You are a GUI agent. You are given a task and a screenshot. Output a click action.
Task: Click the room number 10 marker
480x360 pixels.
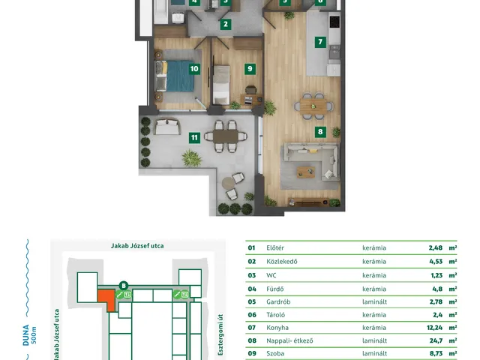[194, 68]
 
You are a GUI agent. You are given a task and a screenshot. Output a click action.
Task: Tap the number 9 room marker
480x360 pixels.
[250, 68]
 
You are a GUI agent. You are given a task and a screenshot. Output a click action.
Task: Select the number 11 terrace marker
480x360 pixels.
[194, 138]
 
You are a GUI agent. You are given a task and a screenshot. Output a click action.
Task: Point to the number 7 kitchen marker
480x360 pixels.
[320, 42]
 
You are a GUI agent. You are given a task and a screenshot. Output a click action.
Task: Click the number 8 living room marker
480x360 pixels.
[320, 132]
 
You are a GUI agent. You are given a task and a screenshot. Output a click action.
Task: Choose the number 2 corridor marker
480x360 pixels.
[226, 24]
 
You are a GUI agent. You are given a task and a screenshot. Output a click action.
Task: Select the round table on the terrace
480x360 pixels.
[228, 183]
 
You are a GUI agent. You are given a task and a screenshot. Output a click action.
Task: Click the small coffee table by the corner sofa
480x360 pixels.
[305, 172]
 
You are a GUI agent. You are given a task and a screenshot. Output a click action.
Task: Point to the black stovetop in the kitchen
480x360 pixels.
[334, 21]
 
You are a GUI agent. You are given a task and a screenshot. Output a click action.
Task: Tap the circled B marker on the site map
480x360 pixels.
[124, 286]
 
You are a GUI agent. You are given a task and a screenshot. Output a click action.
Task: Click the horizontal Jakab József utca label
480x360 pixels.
[137, 246]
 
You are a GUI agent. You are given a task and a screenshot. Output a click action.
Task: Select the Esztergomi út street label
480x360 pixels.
[220, 334]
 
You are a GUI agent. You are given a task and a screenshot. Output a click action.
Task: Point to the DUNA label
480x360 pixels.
[26, 335]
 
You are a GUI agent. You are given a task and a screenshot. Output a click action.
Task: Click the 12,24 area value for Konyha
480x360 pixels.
[435, 328]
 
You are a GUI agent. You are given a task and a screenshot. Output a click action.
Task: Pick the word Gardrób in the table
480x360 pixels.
[278, 301]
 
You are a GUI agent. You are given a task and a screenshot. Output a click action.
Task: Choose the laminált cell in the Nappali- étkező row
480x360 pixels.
[374, 340]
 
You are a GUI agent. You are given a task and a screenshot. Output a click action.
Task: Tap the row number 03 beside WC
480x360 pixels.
[252, 275]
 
